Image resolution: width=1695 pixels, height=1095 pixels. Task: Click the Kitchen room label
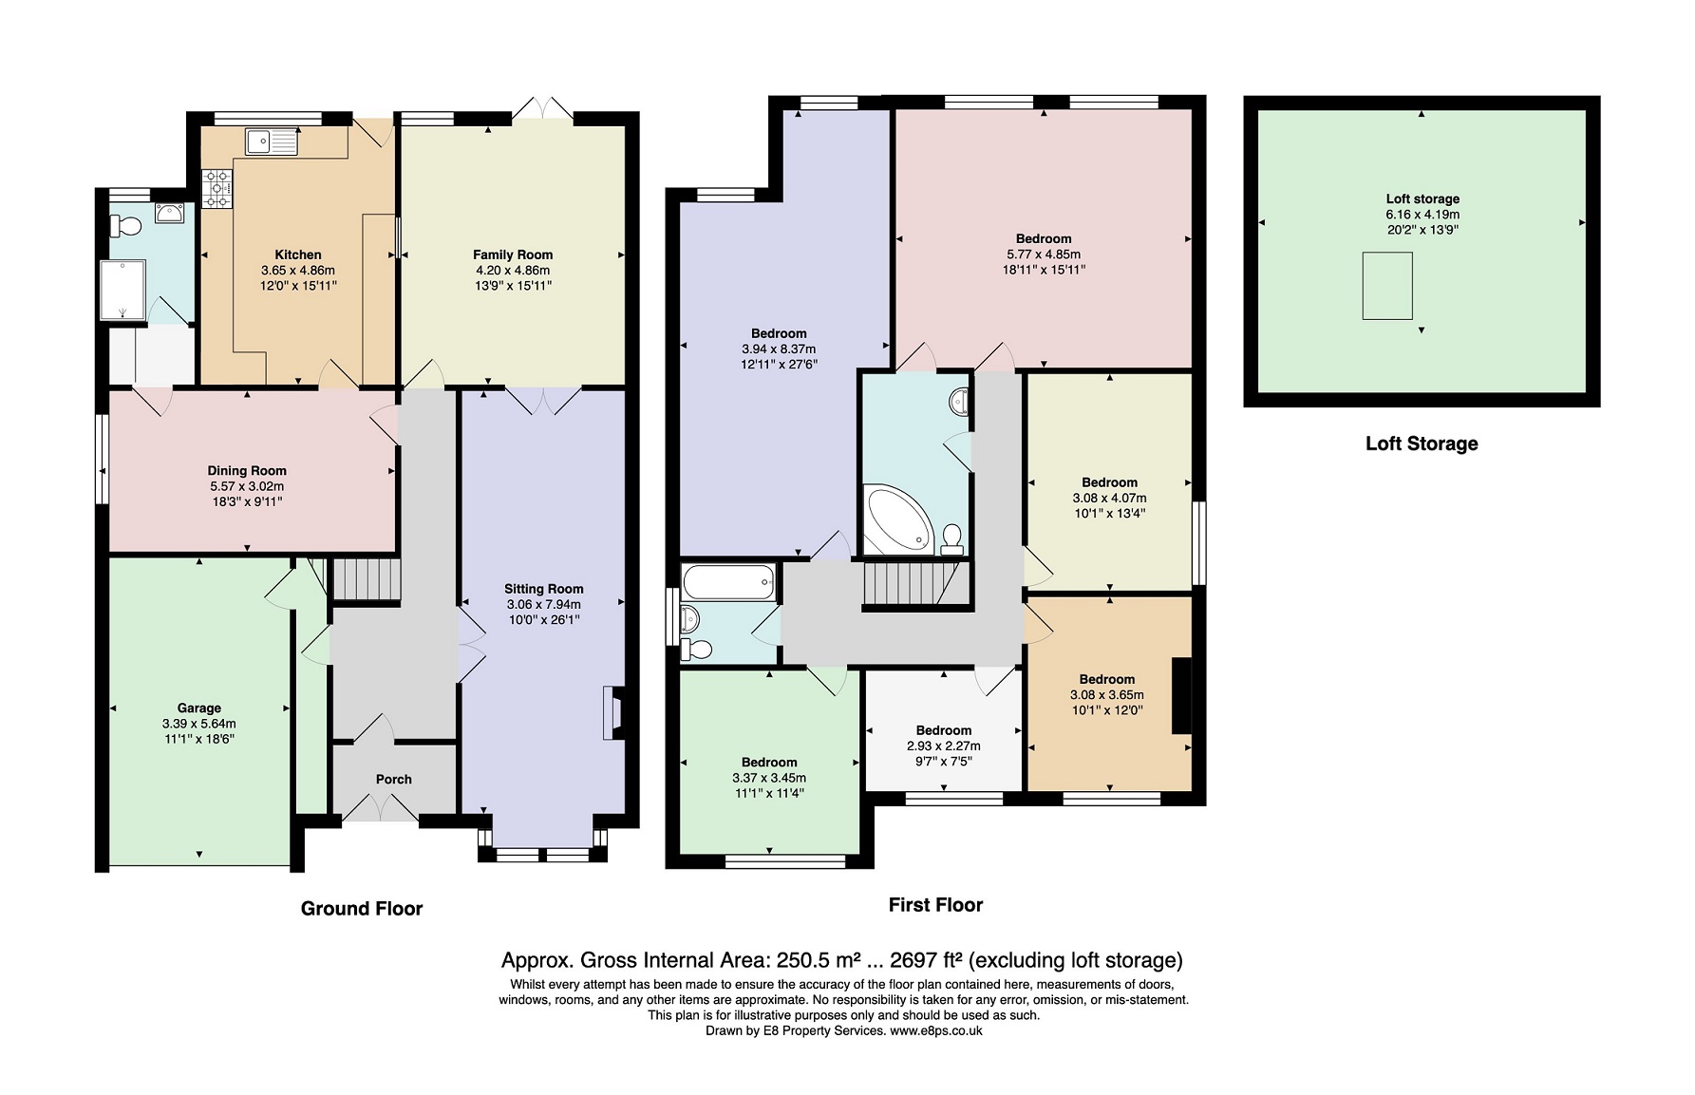coord(298,255)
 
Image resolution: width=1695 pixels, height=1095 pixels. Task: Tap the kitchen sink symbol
coord(271,142)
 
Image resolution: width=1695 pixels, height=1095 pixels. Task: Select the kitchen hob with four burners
coord(217,187)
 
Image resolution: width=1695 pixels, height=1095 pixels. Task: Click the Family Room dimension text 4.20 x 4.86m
coord(513,271)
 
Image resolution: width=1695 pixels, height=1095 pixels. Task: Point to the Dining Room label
coord(247,471)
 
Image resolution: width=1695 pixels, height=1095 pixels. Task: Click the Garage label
coord(199,708)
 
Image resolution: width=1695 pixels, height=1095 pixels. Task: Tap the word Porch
coord(393,780)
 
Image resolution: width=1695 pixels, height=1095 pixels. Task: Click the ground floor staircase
coord(367,579)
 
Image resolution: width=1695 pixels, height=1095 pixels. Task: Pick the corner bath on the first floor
coord(897,519)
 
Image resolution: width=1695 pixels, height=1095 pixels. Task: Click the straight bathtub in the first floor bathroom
coord(729,581)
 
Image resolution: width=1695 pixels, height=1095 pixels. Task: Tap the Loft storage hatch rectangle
coord(1387,286)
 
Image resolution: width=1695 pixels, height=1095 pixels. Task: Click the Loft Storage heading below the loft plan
coord(1422,444)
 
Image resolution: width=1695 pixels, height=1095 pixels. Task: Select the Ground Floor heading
coord(362,909)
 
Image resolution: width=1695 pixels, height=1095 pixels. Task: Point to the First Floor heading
coord(935,905)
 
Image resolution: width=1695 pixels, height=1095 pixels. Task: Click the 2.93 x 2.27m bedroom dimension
coord(943,746)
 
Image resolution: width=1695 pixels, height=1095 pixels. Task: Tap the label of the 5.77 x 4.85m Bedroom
coord(1044,239)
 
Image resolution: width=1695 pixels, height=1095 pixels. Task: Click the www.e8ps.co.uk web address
coord(935,1030)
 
